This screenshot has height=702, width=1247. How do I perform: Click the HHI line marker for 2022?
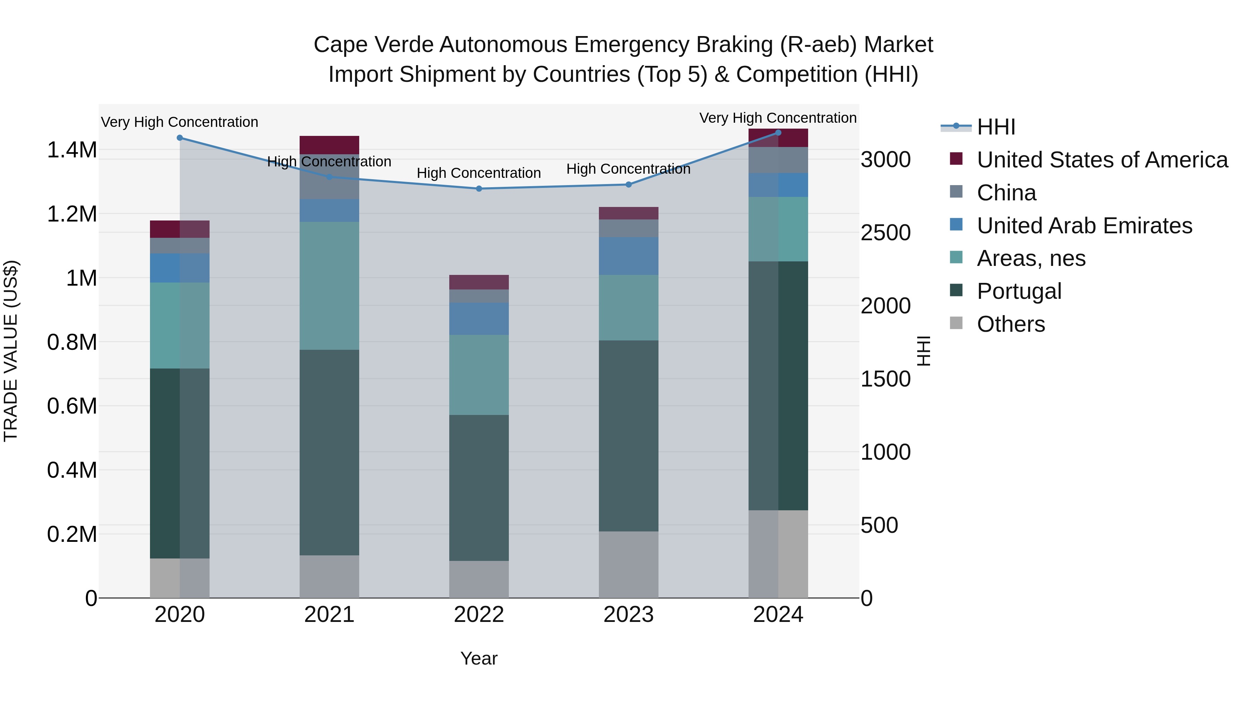click(x=479, y=189)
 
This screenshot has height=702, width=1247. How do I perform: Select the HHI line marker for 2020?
click(x=179, y=138)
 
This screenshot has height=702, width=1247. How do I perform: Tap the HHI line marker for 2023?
click(x=628, y=184)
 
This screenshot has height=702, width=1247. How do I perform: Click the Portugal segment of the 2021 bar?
click(x=329, y=452)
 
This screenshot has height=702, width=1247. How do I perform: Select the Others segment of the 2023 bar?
click(x=628, y=564)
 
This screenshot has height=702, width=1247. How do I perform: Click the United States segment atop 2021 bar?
click(x=329, y=145)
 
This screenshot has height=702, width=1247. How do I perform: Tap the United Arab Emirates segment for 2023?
click(x=628, y=256)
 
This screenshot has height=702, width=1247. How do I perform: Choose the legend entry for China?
click(x=1006, y=193)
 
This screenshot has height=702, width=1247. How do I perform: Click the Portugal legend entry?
click(x=1018, y=291)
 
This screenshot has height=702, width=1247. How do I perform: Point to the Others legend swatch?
click(x=956, y=323)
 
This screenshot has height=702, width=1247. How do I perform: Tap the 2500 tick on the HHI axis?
click(x=885, y=233)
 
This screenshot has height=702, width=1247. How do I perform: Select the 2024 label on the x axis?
click(x=778, y=615)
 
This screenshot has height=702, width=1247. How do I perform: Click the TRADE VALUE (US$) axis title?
click(x=11, y=351)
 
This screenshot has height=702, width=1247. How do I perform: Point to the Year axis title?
click(x=479, y=658)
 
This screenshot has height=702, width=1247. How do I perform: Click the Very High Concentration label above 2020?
click(x=179, y=122)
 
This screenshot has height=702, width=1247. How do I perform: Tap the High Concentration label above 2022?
click(x=479, y=173)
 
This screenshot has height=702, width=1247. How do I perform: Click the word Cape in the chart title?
click(x=340, y=45)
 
